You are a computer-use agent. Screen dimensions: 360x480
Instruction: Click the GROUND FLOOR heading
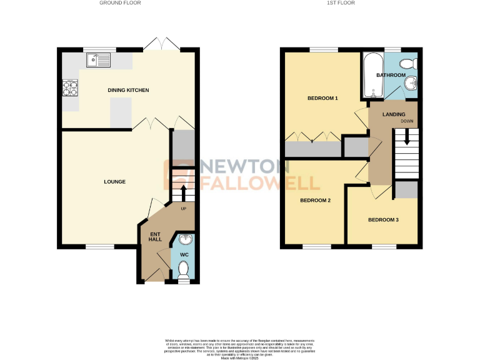coord(121,3)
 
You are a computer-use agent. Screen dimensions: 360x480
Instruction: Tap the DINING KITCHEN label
coord(128,91)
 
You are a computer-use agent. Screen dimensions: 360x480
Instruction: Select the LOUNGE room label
coord(115,182)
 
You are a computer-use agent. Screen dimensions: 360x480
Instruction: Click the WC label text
coord(184,255)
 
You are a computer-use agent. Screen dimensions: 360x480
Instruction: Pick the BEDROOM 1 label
coord(322,99)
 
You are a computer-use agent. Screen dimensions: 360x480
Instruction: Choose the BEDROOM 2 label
coord(315,201)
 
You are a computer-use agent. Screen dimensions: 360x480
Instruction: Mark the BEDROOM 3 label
coord(382,220)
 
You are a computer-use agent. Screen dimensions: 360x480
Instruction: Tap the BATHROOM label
coord(391,76)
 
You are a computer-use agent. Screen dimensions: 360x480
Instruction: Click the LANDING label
coord(385,114)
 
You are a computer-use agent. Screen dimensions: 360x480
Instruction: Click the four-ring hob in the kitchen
coord(69,89)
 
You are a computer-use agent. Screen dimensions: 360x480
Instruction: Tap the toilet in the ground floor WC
coord(183,270)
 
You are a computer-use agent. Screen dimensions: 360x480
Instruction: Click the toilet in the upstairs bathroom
coord(408,62)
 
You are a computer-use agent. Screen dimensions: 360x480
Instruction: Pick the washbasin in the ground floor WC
coord(184,239)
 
